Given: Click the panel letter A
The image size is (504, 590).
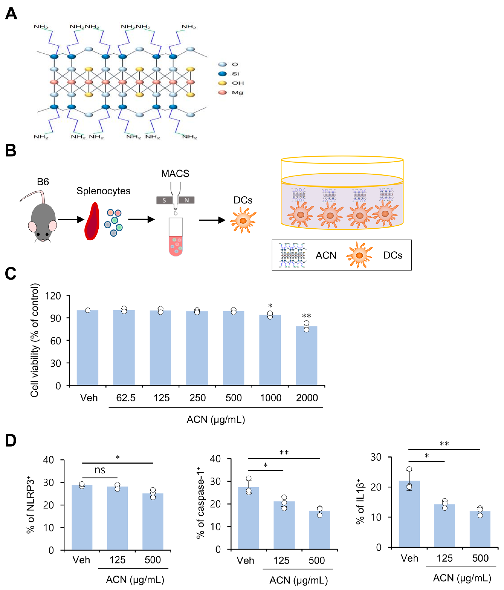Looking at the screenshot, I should [x=11, y=13].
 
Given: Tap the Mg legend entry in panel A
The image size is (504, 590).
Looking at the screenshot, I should [x=231, y=92].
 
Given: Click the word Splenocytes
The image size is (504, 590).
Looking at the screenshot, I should [x=103, y=191].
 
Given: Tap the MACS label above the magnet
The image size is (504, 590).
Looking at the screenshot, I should [x=175, y=173].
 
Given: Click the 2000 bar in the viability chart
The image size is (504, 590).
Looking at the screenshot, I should [x=306, y=356].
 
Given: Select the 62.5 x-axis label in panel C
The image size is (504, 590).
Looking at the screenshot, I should [x=126, y=398].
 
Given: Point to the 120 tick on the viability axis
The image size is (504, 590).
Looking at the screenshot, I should [x=53, y=296].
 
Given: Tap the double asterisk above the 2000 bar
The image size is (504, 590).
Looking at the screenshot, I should [x=306, y=316].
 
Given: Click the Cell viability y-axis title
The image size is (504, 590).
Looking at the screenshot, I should [x=35, y=340].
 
